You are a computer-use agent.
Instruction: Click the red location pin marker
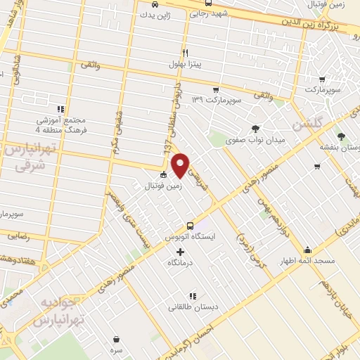(181, 165)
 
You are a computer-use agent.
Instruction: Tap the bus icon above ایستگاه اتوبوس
(190, 226)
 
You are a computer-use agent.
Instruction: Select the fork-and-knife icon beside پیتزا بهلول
(186, 53)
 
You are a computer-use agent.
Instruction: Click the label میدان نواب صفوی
(255, 140)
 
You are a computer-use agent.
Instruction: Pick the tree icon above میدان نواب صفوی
(255, 128)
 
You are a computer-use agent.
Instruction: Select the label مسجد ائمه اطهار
(307, 261)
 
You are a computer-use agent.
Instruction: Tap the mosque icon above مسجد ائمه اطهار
(307, 250)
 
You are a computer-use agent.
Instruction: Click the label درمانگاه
(180, 263)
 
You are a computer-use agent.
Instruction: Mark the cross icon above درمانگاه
(180, 252)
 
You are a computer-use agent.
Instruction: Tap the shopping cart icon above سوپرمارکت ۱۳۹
(216, 89)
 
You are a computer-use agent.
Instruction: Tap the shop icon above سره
(115, 338)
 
